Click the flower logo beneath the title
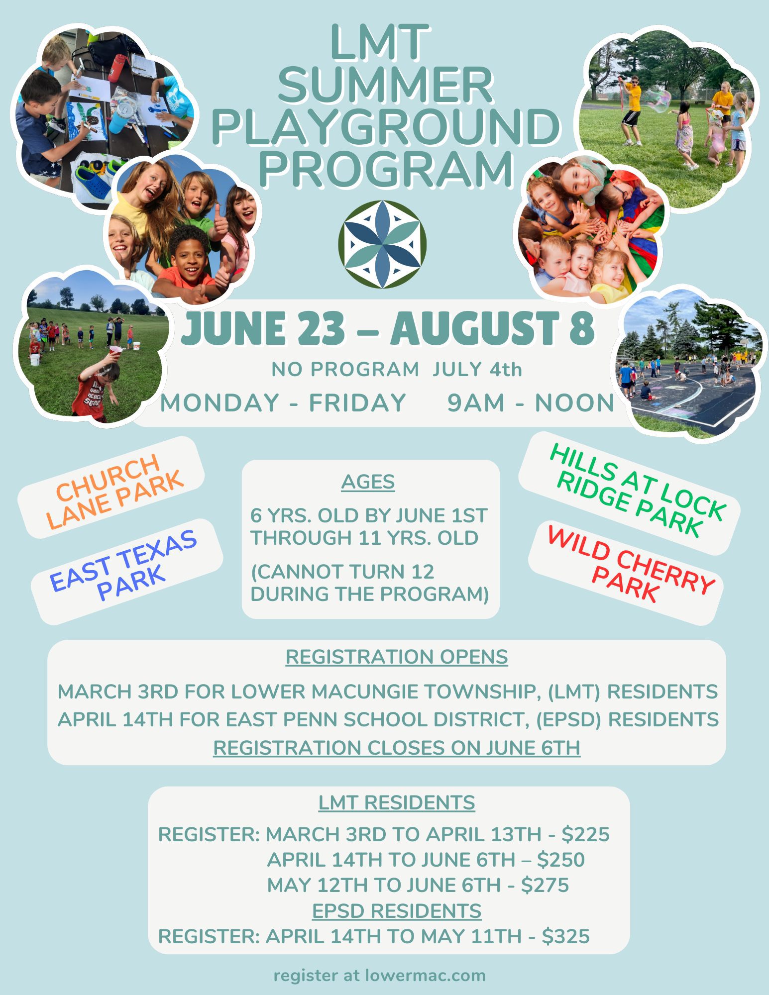coord(382,244)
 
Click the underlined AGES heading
coord(368,482)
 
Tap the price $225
coord(585,834)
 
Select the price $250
coord(560,860)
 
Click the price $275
coord(545,885)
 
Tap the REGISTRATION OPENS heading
coord(397,657)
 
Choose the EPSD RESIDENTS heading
coord(397,911)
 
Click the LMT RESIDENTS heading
coord(397,802)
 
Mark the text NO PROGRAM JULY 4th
coord(397,370)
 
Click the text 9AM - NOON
coord(531,402)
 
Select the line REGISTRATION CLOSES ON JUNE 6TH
coord(397,748)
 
